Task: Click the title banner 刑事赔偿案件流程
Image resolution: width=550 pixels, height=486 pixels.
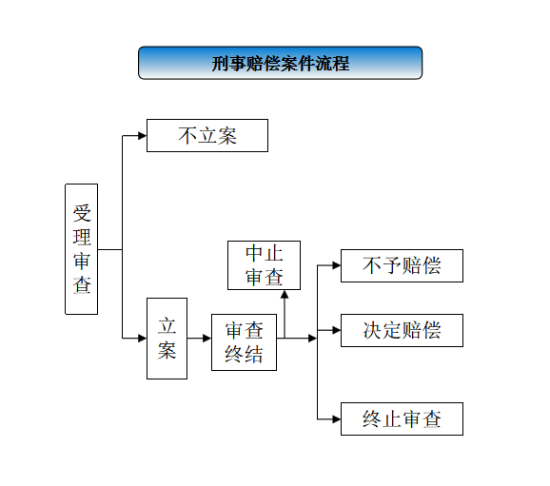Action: (281, 63)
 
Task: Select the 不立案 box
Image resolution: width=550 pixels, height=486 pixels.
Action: (207, 135)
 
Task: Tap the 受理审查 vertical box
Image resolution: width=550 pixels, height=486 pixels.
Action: (82, 249)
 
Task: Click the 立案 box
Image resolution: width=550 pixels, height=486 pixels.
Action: (167, 339)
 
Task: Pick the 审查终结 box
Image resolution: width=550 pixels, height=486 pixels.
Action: (245, 342)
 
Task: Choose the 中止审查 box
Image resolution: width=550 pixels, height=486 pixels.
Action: (265, 265)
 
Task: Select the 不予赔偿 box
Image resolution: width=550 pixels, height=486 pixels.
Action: (402, 265)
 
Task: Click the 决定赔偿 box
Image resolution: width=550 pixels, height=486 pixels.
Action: (402, 330)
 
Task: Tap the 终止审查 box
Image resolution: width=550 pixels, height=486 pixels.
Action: (402, 419)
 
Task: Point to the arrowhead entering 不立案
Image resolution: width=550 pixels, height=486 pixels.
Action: (143, 136)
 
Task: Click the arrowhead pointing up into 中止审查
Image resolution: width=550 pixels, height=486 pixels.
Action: (285, 294)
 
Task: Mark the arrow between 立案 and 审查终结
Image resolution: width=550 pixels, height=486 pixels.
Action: (199, 339)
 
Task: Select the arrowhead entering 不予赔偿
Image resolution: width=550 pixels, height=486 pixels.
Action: (337, 265)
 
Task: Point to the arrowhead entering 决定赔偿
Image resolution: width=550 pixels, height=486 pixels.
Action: (337, 330)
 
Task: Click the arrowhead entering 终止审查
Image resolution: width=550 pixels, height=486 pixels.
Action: (337, 419)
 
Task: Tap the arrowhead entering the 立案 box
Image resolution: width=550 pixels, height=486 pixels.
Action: (143, 339)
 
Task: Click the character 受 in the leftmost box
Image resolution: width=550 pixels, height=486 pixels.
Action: (82, 213)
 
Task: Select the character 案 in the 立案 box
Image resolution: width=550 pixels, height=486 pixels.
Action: (167, 350)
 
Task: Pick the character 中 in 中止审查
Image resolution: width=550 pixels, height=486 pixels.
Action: (254, 253)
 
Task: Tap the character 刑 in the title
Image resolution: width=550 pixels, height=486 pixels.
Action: (220, 64)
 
